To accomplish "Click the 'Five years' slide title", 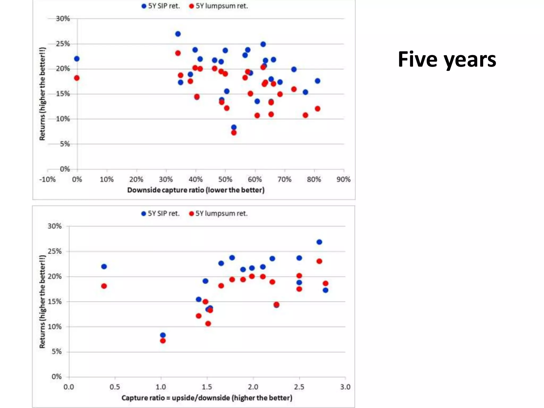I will click(x=447, y=59).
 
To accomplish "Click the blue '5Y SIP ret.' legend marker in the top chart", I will click(x=144, y=6).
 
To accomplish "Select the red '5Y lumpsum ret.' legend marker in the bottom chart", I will click(x=191, y=214).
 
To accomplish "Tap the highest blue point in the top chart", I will click(x=178, y=34).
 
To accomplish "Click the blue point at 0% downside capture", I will click(x=77, y=59).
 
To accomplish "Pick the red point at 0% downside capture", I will click(x=77, y=78).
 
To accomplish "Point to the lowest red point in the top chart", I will click(x=234, y=133).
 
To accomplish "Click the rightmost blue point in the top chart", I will click(x=317, y=81).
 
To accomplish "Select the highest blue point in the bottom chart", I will click(x=319, y=242).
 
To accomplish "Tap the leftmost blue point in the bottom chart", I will click(x=104, y=266).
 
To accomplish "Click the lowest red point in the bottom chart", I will click(x=163, y=341).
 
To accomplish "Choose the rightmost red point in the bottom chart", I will click(x=325, y=283).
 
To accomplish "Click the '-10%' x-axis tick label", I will click(x=48, y=180).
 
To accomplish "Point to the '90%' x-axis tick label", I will click(x=343, y=180).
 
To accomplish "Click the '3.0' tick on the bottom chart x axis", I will click(x=345, y=387).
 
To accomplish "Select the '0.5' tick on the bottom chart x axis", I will click(x=115, y=387).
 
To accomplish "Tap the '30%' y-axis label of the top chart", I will click(x=63, y=19).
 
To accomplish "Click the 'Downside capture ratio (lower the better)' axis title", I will click(x=196, y=190).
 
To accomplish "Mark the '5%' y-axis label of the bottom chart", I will click(x=57, y=352).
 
